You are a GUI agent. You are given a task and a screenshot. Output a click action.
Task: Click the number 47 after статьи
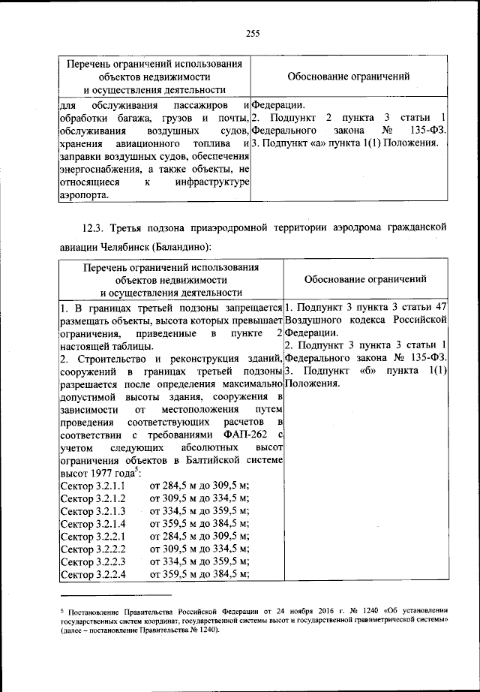tap(442, 307)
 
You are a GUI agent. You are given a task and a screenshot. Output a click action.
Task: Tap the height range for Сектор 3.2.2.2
tap(199, 549)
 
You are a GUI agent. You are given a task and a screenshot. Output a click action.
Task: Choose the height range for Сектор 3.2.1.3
tap(199, 511)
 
